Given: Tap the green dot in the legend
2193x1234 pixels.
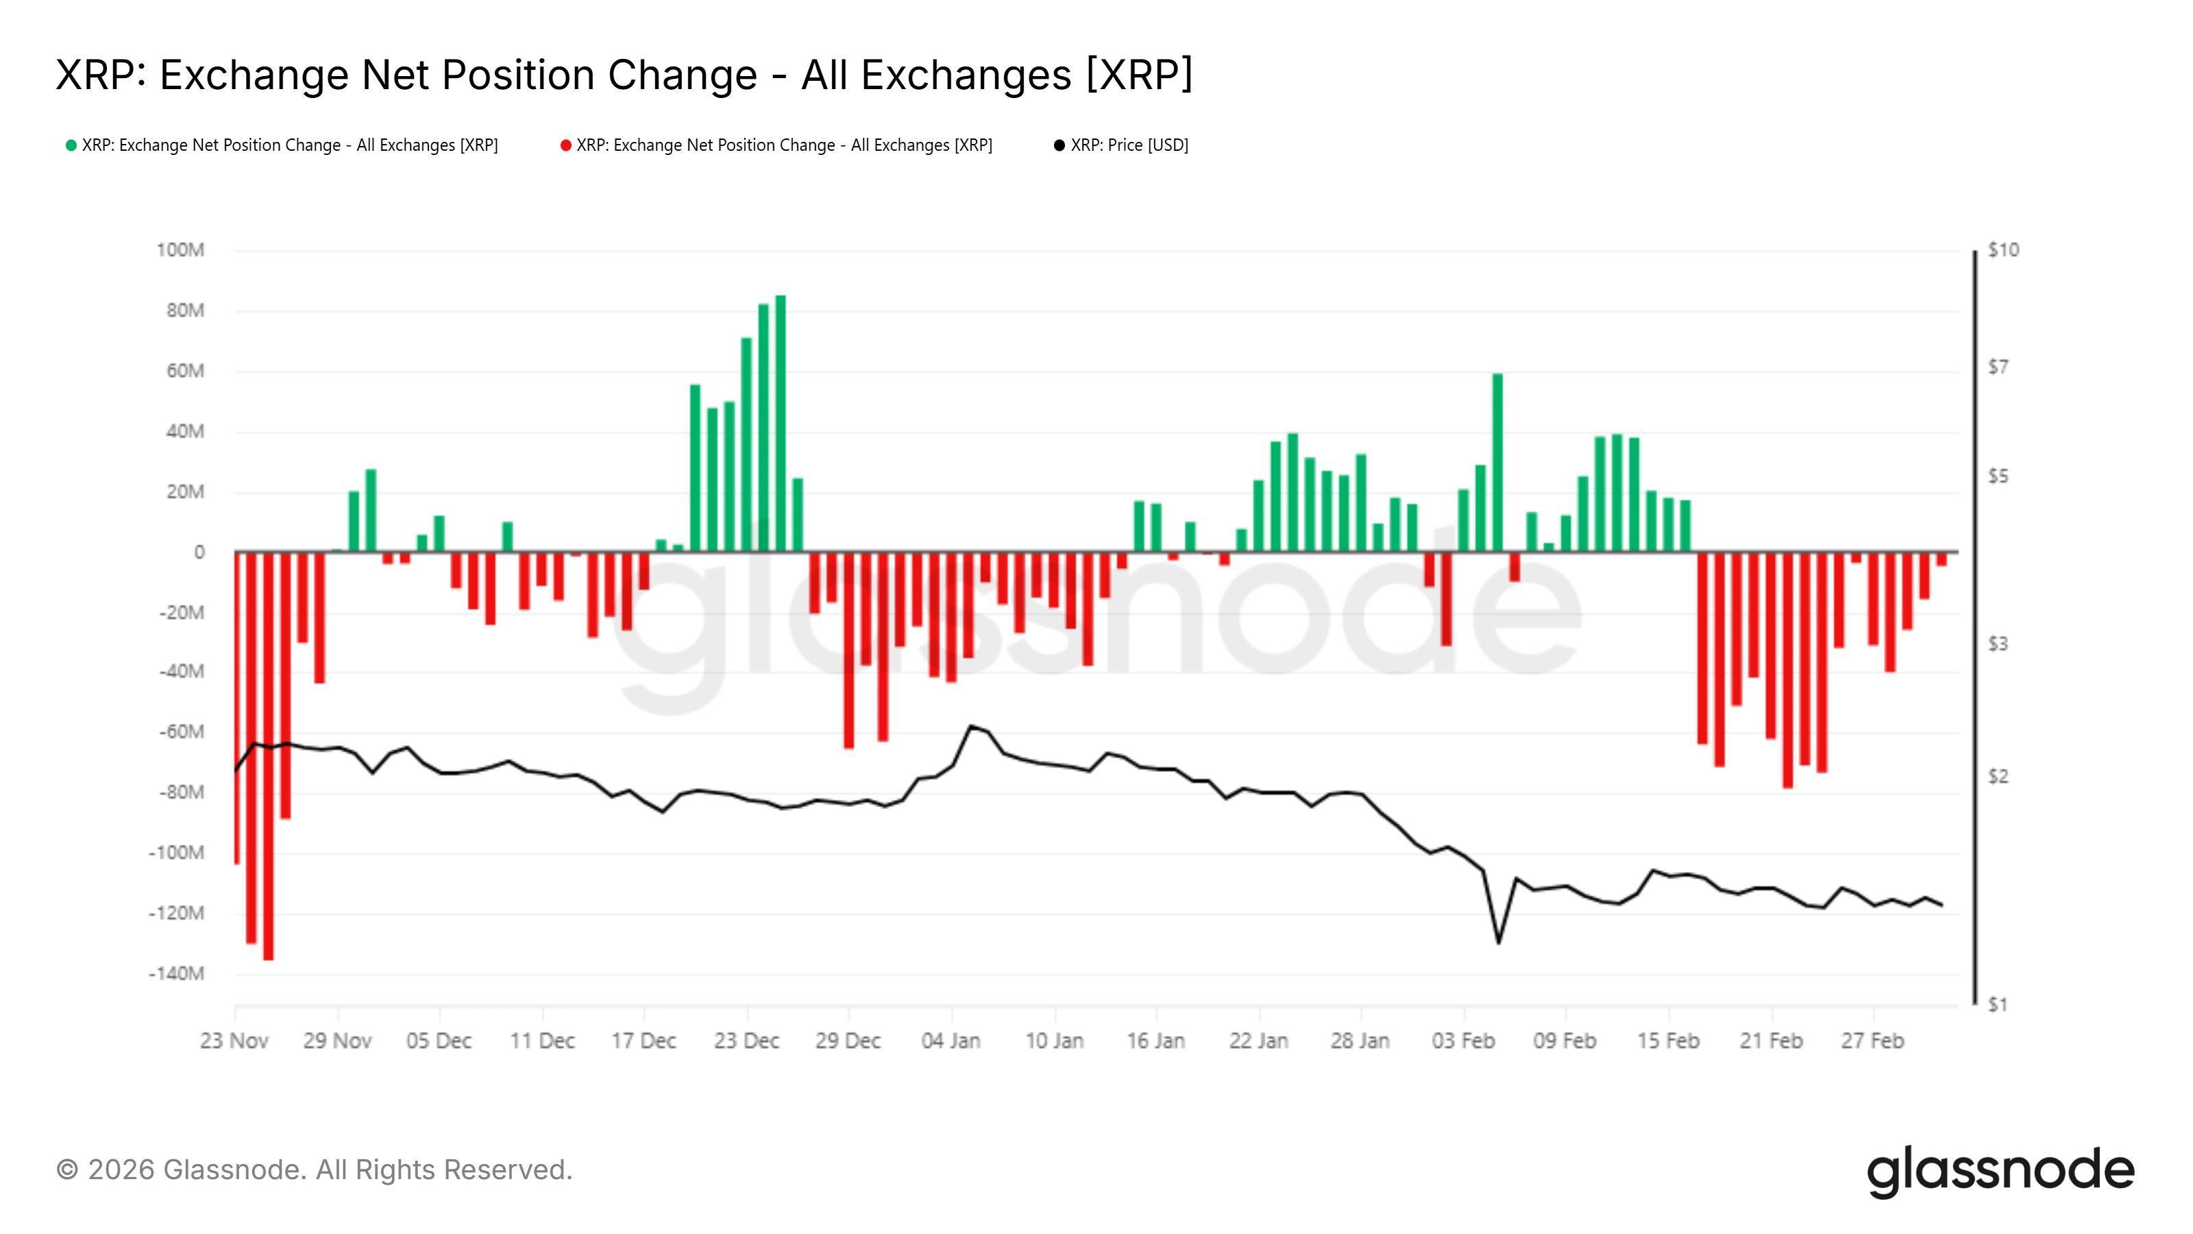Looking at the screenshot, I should [71, 145].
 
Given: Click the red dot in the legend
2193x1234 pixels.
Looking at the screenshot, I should [565, 145].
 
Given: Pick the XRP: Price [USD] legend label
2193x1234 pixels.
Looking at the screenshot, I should [1129, 145].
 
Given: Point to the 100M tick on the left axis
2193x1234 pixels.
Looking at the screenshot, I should [180, 250].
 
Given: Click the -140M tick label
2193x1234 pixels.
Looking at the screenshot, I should [176, 973].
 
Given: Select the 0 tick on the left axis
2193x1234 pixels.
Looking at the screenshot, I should [199, 553].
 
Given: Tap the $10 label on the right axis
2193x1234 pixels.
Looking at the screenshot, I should [2003, 250].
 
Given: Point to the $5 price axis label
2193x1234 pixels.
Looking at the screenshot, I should [1998, 477].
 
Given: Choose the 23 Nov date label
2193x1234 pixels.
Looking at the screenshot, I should [234, 1041].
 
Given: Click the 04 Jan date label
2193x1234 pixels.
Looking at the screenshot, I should [951, 1041].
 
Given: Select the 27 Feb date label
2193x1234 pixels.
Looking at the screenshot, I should [1872, 1041].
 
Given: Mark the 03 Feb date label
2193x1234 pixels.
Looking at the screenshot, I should [1463, 1041].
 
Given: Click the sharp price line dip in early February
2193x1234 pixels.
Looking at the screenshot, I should [1498, 942].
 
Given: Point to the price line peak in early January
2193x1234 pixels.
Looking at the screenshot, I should [970, 727].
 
